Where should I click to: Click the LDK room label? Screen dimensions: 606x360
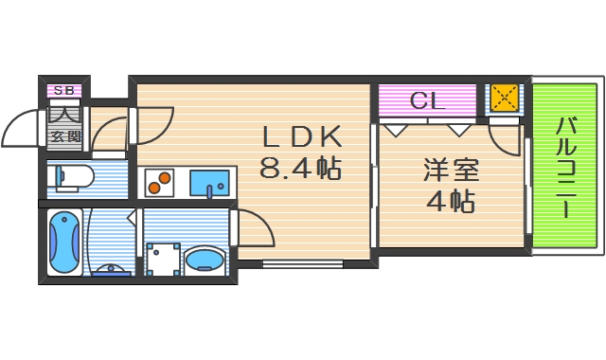coord(301,136)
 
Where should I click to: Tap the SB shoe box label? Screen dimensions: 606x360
coord(64,90)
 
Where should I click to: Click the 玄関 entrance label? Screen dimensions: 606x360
coord(65,135)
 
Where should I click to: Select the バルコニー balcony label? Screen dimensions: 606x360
coord(566,167)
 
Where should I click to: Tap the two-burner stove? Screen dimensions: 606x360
coord(158,182)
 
